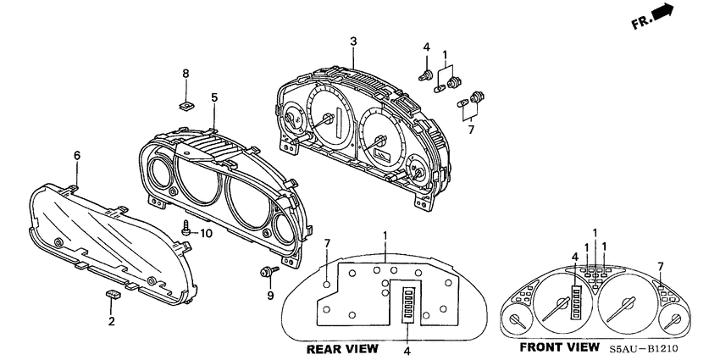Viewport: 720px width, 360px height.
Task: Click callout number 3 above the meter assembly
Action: pos(353,41)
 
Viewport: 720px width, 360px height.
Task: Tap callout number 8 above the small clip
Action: pos(186,75)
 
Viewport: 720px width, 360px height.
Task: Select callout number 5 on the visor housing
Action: pos(214,97)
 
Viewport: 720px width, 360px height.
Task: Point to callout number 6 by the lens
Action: pos(77,155)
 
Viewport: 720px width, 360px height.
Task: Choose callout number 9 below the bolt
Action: pos(270,296)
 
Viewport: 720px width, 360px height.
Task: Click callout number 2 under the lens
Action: pos(110,321)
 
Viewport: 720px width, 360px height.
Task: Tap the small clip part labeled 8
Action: pos(186,106)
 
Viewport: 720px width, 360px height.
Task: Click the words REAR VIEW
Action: pos(341,349)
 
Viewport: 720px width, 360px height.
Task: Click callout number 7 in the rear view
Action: pos(327,244)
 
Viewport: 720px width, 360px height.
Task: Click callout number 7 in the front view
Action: pos(661,267)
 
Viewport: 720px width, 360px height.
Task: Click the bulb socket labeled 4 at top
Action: pos(424,75)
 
